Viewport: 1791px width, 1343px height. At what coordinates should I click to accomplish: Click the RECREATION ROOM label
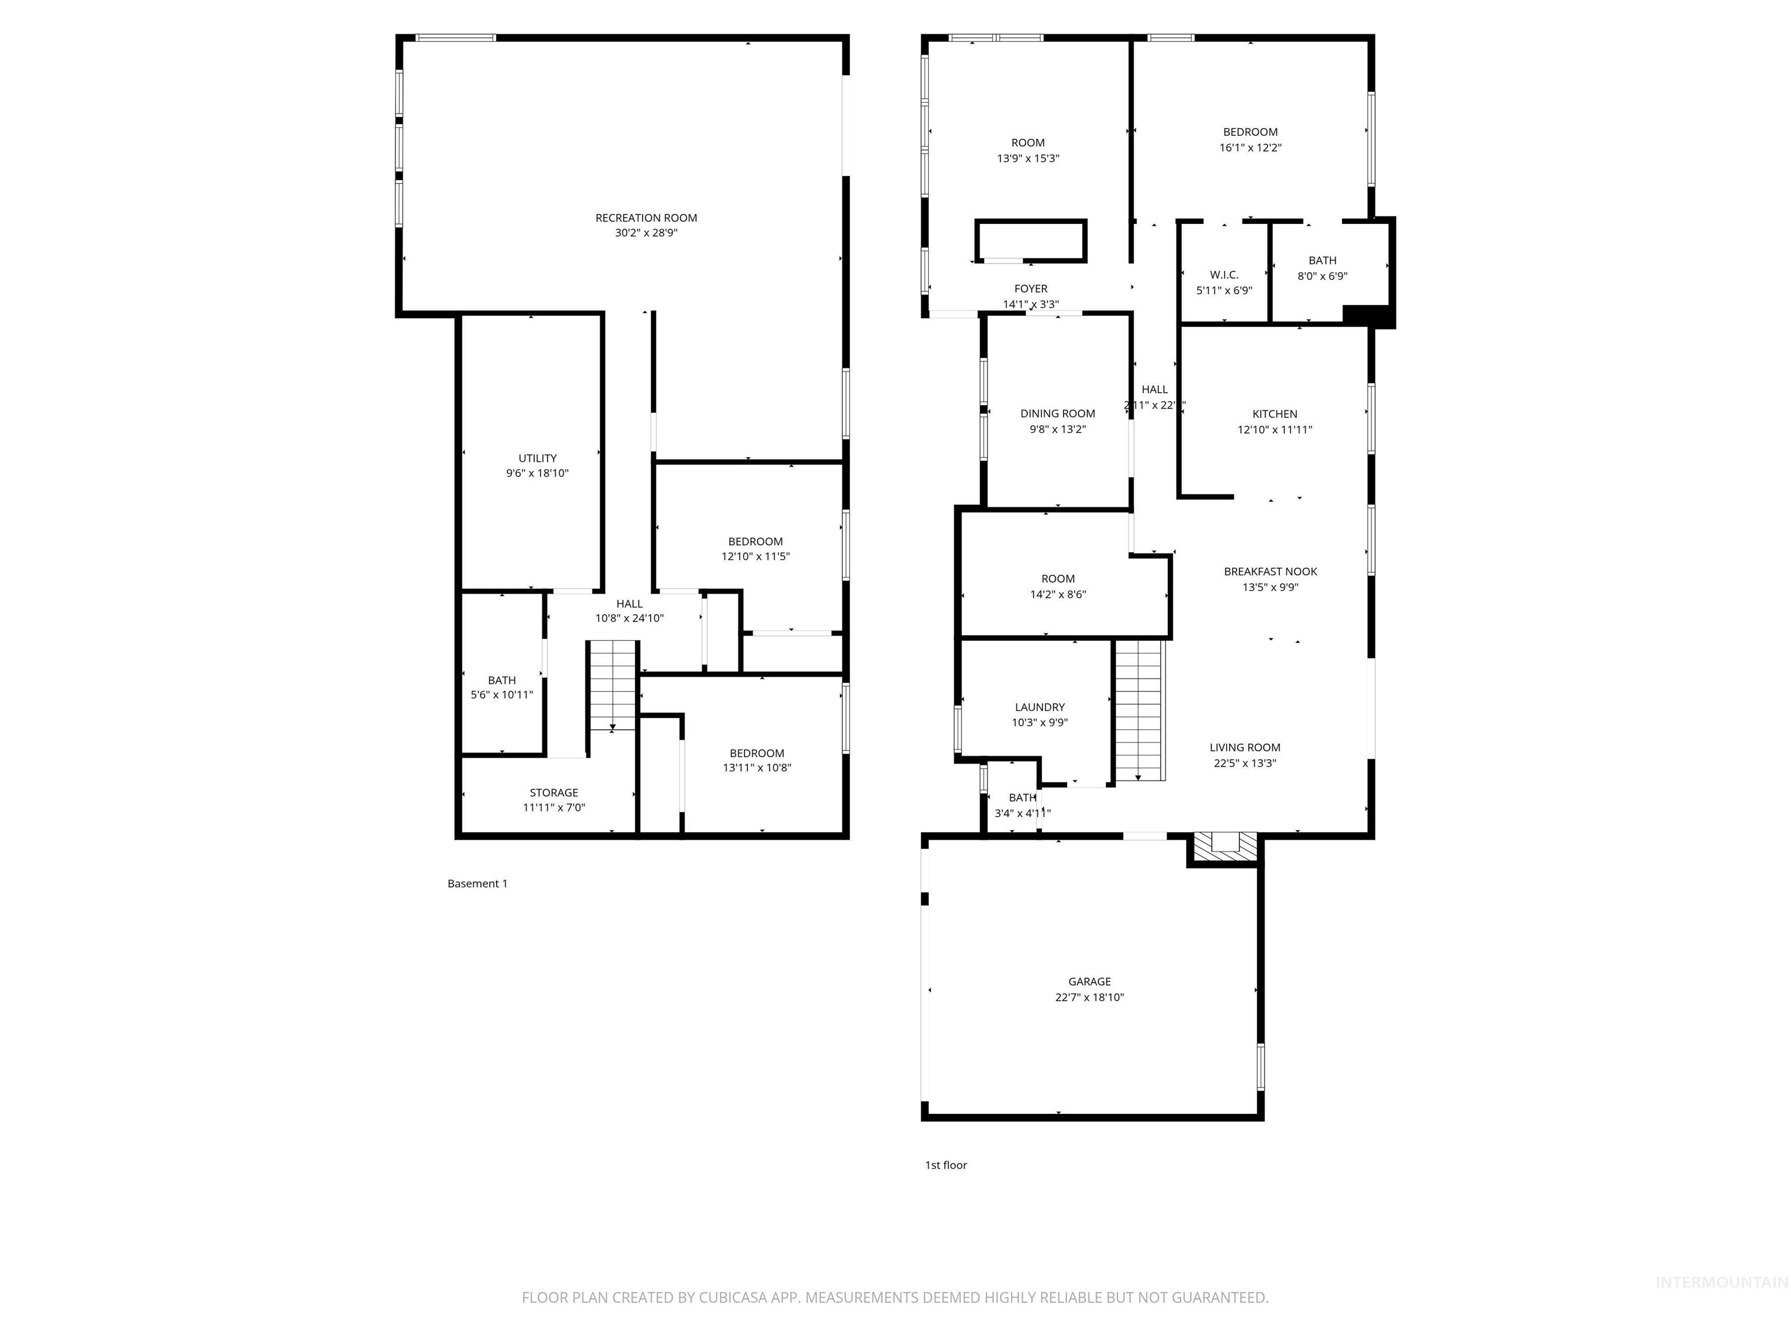click(646, 218)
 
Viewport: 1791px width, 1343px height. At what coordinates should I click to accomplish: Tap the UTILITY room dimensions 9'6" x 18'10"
click(538, 473)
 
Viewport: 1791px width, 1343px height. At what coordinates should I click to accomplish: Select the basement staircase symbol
click(613, 685)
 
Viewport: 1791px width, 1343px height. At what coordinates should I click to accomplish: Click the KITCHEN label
click(1274, 414)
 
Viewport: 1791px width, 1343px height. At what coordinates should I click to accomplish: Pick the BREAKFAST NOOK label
click(1270, 571)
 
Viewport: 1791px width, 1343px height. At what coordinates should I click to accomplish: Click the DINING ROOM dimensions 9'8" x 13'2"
click(1058, 430)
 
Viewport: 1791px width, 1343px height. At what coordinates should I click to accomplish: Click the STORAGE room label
click(554, 793)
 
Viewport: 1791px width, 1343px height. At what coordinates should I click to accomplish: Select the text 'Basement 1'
click(477, 883)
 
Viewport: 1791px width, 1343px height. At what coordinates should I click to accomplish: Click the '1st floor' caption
click(946, 1165)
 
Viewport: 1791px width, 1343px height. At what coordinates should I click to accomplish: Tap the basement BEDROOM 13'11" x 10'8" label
click(756, 753)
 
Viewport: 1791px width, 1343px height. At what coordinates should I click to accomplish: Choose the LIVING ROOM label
click(1245, 748)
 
